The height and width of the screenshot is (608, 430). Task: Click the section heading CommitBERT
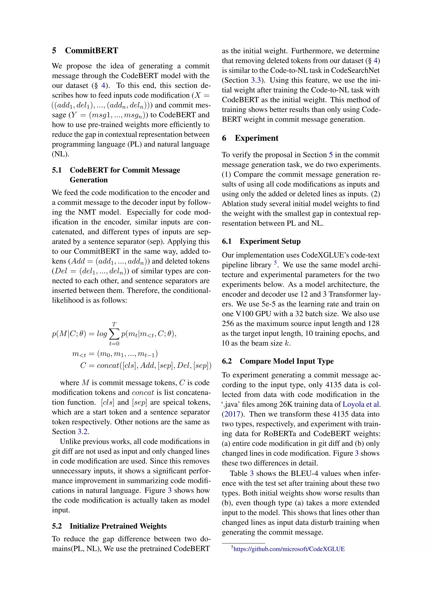(x=91, y=50)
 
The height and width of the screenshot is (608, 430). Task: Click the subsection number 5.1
(x=57, y=170)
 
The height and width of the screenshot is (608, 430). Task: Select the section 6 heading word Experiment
(x=256, y=138)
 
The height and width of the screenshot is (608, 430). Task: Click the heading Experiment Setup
(x=270, y=241)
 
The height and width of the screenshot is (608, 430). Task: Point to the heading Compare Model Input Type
(x=286, y=361)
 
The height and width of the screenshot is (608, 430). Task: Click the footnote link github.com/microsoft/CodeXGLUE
(x=289, y=549)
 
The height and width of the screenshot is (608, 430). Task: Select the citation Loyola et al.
(x=361, y=404)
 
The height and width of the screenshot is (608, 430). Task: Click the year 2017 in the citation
(x=232, y=414)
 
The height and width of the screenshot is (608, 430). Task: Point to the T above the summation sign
(x=114, y=324)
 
